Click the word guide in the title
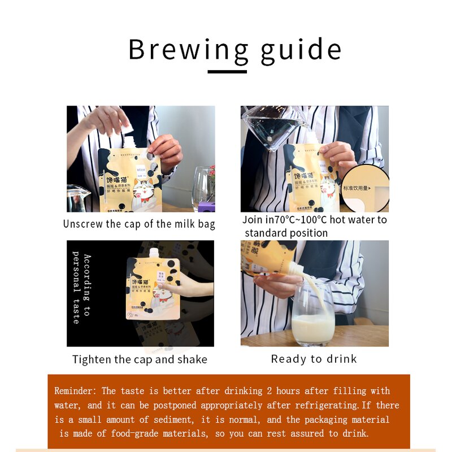pos(301,50)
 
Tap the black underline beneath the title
pos(227,72)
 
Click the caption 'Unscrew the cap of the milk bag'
pos(139,224)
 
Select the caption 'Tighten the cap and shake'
pos(140,359)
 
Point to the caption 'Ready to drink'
pos(314,359)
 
